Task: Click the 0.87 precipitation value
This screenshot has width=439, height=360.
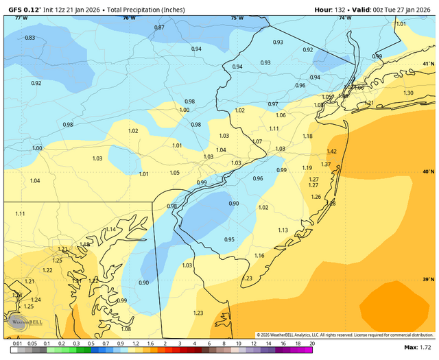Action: (x=159, y=27)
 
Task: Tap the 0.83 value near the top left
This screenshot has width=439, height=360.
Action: (x=30, y=38)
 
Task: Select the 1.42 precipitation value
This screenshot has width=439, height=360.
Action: (x=332, y=152)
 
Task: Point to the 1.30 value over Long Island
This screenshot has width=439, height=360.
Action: (x=408, y=93)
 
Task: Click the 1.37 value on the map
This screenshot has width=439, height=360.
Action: (x=326, y=165)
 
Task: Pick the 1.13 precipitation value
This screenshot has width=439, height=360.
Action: (x=283, y=230)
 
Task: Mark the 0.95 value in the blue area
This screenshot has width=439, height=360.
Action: (x=229, y=240)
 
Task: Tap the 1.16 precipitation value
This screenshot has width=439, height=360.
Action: (x=259, y=256)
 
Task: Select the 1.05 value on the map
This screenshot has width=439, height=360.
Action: (x=175, y=173)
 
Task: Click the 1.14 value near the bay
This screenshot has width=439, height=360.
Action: (x=110, y=230)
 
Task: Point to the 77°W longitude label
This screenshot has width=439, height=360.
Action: (x=21, y=18)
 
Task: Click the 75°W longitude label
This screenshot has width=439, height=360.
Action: (x=237, y=18)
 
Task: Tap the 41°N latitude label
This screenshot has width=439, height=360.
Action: (x=428, y=64)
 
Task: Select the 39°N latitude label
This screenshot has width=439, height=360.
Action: (x=428, y=280)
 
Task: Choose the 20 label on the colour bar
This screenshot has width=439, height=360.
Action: (x=312, y=344)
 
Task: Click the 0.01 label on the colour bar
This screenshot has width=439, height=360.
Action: (x=16, y=344)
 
